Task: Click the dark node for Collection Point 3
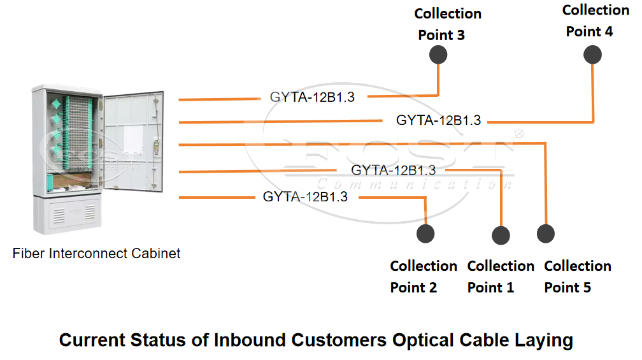[x=438, y=55]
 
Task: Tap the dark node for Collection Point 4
[x=592, y=55]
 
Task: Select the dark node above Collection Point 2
[x=425, y=233]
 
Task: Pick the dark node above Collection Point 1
[x=501, y=235]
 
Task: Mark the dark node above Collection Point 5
[x=545, y=233]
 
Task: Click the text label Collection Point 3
[x=448, y=24]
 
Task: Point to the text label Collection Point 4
[x=596, y=20]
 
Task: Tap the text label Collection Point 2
[x=424, y=277]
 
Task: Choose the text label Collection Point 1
[x=501, y=277]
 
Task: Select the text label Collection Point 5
[x=578, y=277]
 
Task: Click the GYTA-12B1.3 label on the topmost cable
[x=312, y=97]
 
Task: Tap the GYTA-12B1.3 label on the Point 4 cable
[x=438, y=120]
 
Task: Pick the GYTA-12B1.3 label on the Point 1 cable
[x=393, y=170]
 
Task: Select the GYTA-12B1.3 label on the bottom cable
[x=305, y=197]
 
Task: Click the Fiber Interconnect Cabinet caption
[x=96, y=254]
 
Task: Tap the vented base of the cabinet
[x=67, y=215]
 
